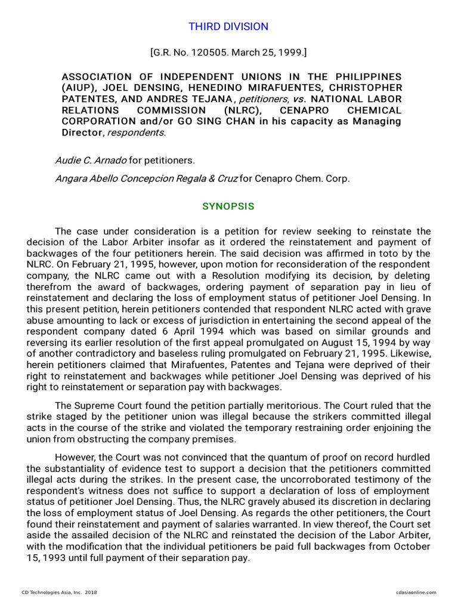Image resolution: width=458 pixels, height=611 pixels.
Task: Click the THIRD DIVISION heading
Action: tap(228, 27)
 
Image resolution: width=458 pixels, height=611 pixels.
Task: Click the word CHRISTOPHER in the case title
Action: tap(364, 88)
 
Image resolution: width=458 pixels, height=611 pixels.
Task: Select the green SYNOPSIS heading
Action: tap(228, 206)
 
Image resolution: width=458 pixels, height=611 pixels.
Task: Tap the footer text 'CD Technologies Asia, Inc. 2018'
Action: tap(59, 593)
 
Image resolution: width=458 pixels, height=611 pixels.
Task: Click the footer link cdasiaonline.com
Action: tap(416, 593)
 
